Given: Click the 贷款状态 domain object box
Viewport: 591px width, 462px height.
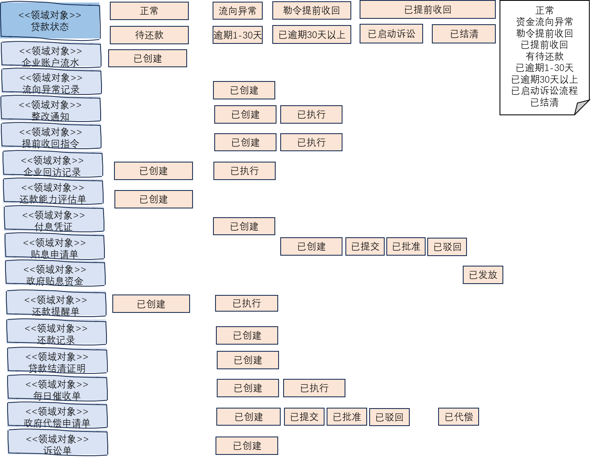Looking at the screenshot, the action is (50, 21).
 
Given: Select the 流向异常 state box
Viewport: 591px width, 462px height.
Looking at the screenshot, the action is (237, 11).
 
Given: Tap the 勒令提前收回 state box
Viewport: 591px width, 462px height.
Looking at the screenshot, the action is (311, 10).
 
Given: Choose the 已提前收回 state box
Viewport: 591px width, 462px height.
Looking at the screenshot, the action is (427, 10).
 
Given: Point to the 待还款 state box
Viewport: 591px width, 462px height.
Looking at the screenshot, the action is (149, 35).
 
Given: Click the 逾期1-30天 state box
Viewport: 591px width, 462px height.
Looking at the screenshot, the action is (237, 35).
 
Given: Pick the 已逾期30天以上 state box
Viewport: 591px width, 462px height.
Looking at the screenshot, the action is (312, 35).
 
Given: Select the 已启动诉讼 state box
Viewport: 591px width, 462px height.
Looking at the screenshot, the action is (391, 34).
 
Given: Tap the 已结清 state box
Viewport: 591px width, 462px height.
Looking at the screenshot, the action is (464, 34).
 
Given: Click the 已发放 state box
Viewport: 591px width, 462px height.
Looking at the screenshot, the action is (483, 275).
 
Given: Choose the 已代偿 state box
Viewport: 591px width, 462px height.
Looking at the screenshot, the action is (458, 417).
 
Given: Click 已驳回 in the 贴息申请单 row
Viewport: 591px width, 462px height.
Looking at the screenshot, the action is (447, 247).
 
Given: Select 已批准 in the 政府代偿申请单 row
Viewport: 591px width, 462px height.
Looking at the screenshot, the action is (347, 417).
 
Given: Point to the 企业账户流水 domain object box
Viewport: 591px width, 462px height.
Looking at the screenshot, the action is (51, 55).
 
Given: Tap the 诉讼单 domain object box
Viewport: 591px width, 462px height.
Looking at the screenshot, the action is (58, 443).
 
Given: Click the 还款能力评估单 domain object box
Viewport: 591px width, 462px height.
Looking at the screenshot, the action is (53, 192).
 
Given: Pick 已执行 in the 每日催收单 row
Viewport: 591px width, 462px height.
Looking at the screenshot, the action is (314, 388).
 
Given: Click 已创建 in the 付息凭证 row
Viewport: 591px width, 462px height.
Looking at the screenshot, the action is (244, 226).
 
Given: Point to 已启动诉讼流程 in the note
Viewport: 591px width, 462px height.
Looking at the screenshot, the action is (544, 91).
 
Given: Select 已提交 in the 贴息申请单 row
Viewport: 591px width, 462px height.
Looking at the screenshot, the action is (365, 246).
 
